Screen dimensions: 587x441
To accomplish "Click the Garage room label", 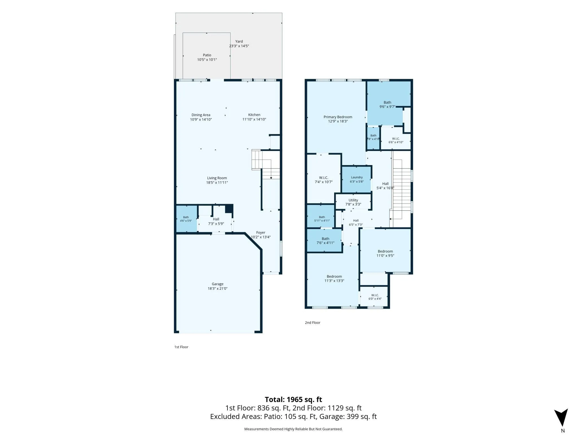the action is click(x=218, y=284).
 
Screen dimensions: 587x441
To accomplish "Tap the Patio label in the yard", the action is click(x=207, y=55).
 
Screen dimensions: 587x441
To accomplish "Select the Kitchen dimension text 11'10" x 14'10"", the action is click(x=254, y=119).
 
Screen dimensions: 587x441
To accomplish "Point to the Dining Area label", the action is click(x=201, y=115).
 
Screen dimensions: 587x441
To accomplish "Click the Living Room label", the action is click(x=217, y=178).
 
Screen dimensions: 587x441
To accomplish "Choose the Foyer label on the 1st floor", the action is click(x=261, y=233).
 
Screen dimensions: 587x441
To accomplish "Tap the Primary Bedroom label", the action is click(x=338, y=117).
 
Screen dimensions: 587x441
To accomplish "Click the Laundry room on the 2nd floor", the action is click(x=357, y=179).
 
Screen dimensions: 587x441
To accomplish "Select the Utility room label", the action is click(x=353, y=200).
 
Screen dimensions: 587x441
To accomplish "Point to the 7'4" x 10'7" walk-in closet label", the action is click(x=324, y=180).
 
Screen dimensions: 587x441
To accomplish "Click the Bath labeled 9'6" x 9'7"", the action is click(x=387, y=105).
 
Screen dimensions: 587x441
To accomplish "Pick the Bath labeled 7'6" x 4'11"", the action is click(x=325, y=241).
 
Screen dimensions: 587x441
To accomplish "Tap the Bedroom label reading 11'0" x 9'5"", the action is click(x=385, y=253).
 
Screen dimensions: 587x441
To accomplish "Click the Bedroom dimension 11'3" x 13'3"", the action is click(x=334, y=281).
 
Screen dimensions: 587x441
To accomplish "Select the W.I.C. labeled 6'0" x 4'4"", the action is click(x=375, y=297).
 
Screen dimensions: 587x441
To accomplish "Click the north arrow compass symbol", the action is click(x=561, y=417).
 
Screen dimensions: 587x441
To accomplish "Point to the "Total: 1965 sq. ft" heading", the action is click(x=293, y=399).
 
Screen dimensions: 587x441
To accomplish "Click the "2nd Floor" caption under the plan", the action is click(x=313, y=323).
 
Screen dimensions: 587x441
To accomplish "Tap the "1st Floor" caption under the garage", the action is click(x=181, y=347).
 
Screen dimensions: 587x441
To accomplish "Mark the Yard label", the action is click(x=239, y=42).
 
